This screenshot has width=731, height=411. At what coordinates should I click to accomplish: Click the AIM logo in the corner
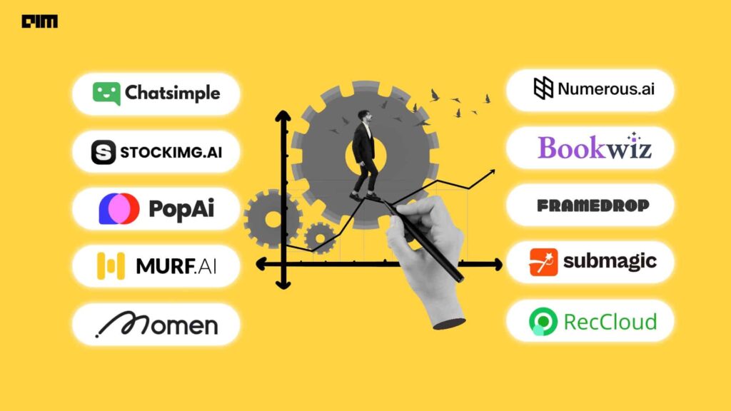pos(39,21)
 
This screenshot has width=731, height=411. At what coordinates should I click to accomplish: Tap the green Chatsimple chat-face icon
pos(106,93)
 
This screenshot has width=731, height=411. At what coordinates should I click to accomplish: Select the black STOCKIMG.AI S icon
pos(104,152)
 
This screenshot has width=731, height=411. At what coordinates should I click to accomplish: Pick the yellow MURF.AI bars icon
pos(111,265)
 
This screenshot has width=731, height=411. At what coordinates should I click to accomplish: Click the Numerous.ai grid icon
pos(543,88)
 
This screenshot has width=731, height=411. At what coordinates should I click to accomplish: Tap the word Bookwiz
pos(594,147)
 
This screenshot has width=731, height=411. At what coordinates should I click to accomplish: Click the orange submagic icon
pos(543,262)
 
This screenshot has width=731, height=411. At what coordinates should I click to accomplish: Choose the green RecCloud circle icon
pos(543,321)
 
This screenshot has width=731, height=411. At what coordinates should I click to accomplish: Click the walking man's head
pos(364,117)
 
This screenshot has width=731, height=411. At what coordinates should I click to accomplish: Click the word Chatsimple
pos(172,93)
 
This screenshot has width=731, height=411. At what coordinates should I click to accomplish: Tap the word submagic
pos(609,261)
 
